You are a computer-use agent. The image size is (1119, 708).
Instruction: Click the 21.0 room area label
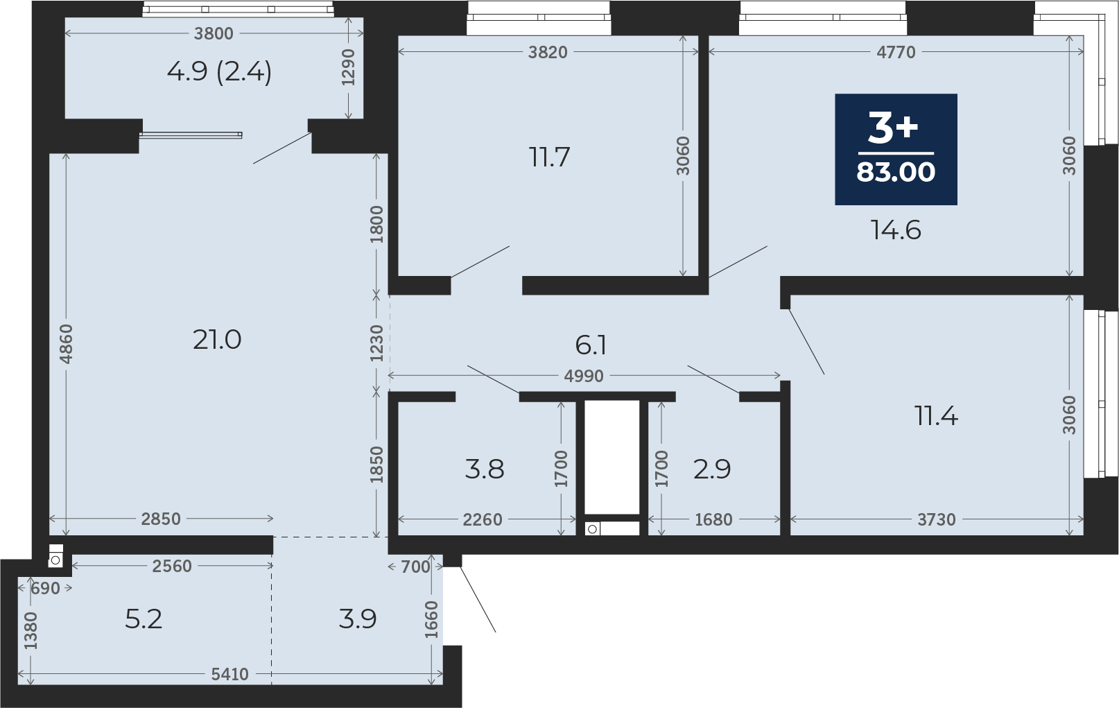[x=217, y=340]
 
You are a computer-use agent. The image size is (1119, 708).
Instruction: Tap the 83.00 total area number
[x=896, y=172]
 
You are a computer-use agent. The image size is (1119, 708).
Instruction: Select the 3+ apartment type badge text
[x=893, y=128]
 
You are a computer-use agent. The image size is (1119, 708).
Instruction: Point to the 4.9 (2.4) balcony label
[x=219, y=72]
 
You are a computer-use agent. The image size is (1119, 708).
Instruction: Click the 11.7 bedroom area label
[x=549, y=157]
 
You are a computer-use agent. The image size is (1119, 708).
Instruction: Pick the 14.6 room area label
[x=896, y=230]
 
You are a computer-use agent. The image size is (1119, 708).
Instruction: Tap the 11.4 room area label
[x=936, y=416]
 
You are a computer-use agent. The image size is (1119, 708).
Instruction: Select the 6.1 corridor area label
[x=591, y=345]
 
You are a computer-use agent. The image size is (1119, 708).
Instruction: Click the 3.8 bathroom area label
[x=484, y=469]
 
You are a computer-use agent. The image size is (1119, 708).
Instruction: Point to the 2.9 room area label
[x=712, y=469]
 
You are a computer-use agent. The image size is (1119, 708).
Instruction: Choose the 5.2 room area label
[x=144, y=619]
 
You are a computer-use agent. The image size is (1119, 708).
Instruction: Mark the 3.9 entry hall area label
[x=357, y=619]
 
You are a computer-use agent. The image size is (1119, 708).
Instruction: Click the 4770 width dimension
[x=896, y=52]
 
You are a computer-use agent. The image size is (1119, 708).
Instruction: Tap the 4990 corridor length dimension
[x=584, y=376]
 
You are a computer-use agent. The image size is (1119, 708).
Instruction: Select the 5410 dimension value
[x=229, y=675]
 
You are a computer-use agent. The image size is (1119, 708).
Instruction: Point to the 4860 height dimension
[x=66, y=344]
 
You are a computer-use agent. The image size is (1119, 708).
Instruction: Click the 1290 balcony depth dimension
[x=348, y=67]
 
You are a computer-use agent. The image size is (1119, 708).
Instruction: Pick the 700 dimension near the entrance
[x=415, y=567]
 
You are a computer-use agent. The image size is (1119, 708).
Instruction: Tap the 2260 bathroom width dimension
[x=482, y=519]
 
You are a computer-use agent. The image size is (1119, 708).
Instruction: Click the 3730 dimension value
[x=936, y=519]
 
